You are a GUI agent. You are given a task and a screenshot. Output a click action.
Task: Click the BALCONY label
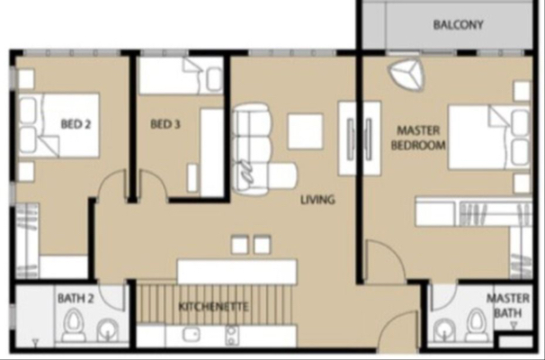tap(458, 24)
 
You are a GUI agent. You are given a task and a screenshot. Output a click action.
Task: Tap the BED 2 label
tap(76, 124)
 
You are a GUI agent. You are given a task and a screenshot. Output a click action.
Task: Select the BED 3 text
tap(165, 124)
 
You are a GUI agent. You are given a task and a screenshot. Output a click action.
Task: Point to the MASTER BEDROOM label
tap(418, 138)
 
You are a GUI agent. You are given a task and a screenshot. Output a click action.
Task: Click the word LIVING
tap(317, 200)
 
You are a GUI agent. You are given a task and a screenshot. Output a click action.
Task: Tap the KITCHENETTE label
tap(213, 306)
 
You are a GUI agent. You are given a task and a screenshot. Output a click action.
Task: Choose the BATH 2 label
tap(76, 298)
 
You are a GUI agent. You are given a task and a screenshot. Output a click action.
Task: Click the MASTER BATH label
tap(508, 306)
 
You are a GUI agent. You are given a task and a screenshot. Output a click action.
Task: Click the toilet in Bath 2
tap(74, 326)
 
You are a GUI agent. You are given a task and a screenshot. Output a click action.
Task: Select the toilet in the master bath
tap(478, 326)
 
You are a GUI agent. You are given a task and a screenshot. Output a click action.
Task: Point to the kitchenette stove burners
tap(231, 335)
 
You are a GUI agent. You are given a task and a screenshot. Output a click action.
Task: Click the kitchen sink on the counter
tap(192, 334)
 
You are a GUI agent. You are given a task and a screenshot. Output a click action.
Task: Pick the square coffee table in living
tap(305, 131)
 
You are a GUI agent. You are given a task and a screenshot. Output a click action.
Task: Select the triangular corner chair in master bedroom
tap(406, 75)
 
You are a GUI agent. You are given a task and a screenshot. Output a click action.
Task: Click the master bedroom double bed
tap(488, 138)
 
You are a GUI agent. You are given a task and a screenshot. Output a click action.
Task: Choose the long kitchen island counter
tap(237, 272)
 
